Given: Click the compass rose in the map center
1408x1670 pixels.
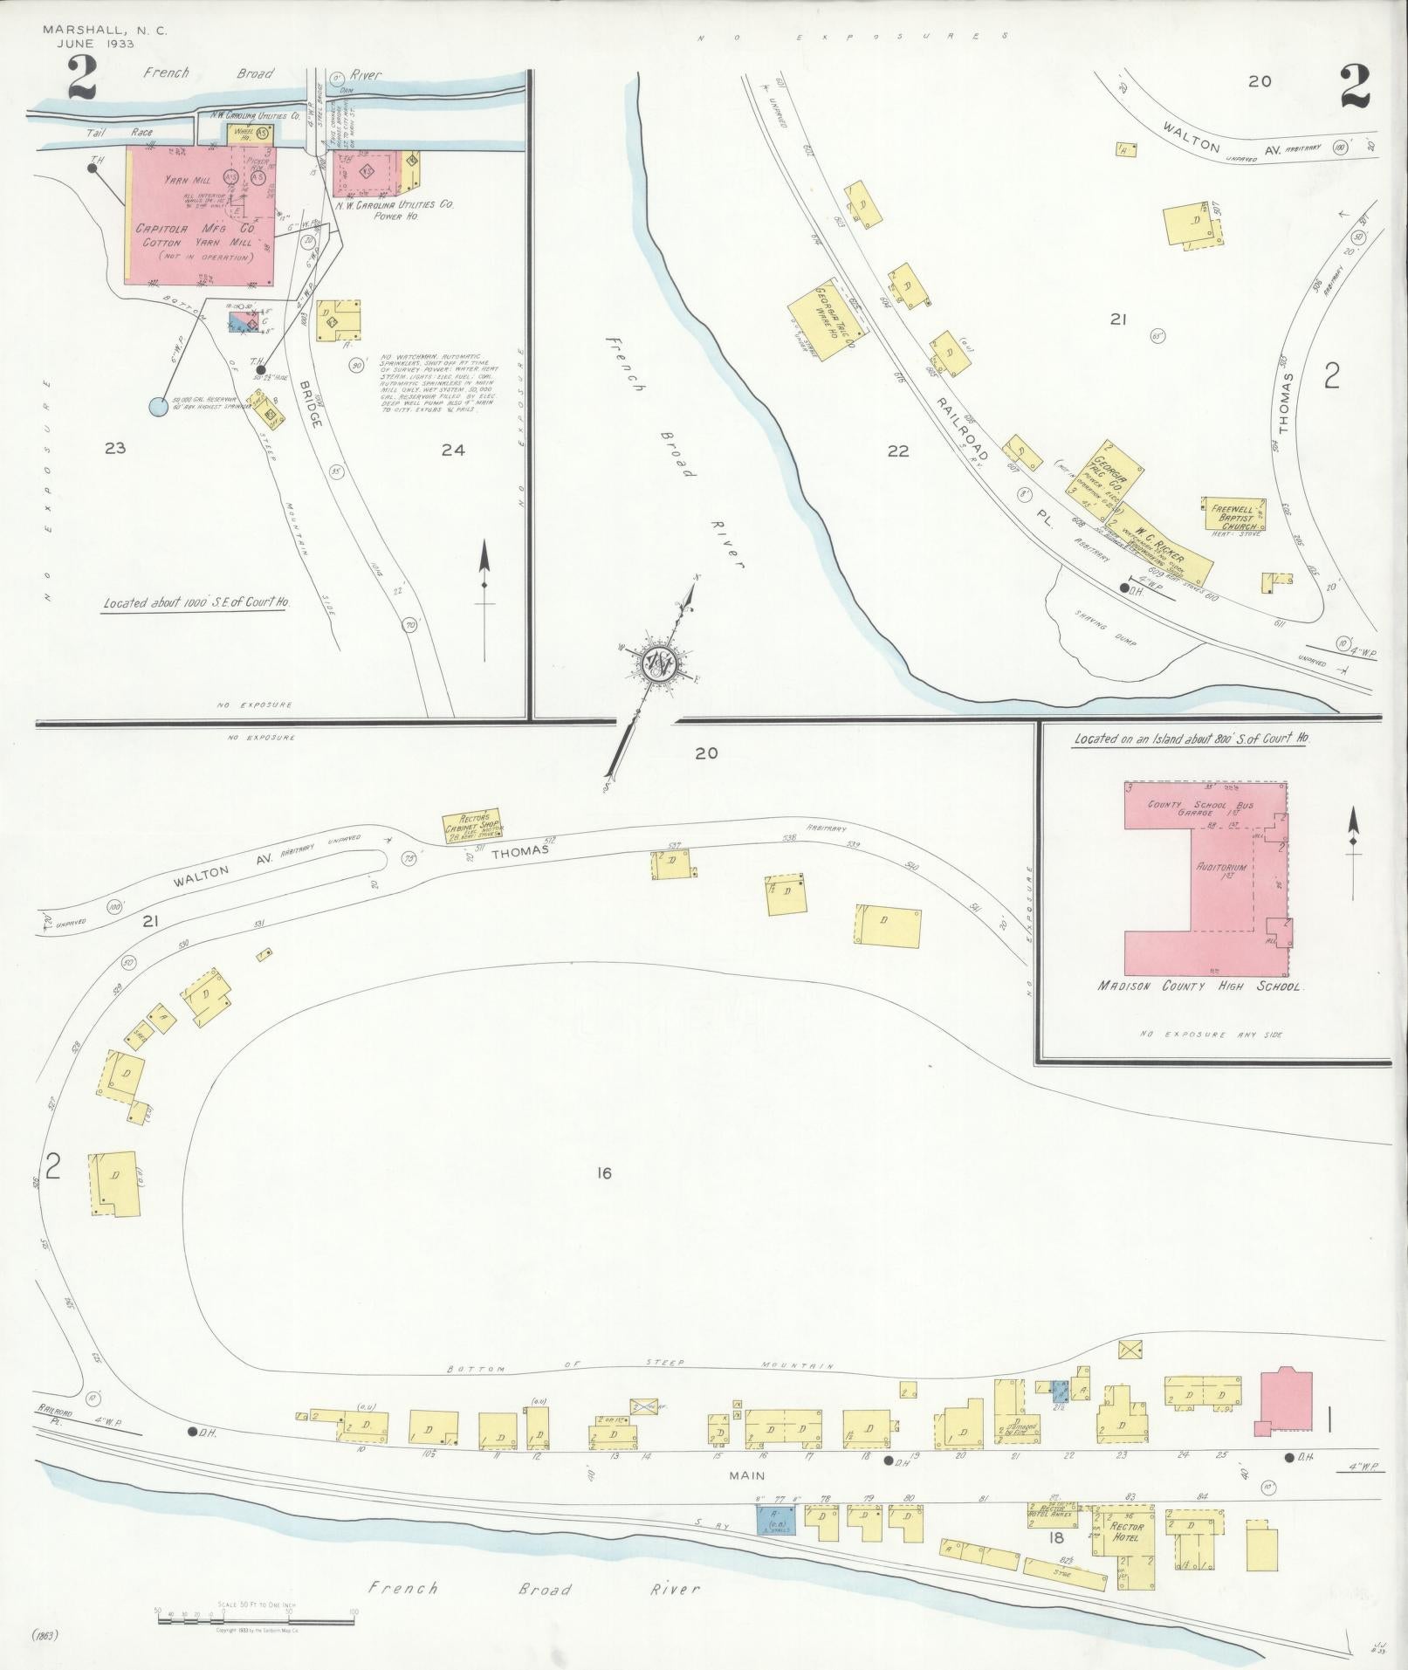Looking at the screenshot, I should tap(656, 665).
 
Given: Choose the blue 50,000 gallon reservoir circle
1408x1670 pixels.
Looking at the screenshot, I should tap(157, 406).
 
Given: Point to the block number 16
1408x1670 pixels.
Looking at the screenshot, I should tap(603, 1172).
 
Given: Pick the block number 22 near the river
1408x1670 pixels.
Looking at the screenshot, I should tap(897, 451).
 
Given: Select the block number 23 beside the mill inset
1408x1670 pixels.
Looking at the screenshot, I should tap(115, 449).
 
